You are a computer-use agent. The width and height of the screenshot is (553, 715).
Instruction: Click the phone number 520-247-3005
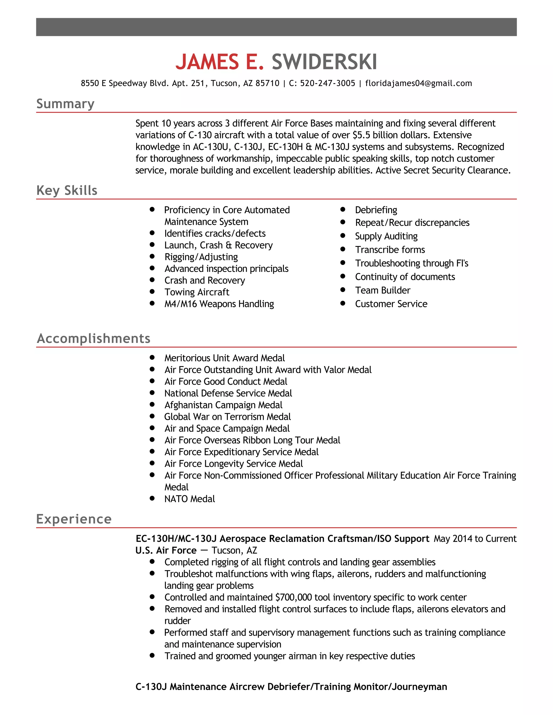327,83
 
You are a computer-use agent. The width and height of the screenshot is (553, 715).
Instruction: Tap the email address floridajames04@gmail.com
418,83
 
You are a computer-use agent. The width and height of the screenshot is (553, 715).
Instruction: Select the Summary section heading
65,104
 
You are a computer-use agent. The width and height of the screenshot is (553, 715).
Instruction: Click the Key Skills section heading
67,190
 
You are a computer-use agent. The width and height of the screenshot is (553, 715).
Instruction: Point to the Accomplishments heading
94,339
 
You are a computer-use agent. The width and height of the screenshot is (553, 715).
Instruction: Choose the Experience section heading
74,519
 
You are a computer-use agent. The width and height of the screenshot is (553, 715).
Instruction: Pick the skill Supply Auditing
386,236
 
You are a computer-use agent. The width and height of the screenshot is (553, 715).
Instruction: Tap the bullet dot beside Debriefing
343,209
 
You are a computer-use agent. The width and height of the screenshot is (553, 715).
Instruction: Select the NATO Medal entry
189,499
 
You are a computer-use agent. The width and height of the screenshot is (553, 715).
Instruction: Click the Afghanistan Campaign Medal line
223,405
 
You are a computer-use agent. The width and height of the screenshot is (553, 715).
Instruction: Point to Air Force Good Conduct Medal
225,382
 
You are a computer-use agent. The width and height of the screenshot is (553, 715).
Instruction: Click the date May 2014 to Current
475,539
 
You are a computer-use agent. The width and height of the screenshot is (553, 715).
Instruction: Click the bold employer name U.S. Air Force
166,551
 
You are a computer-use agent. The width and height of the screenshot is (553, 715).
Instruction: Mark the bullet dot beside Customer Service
343,303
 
